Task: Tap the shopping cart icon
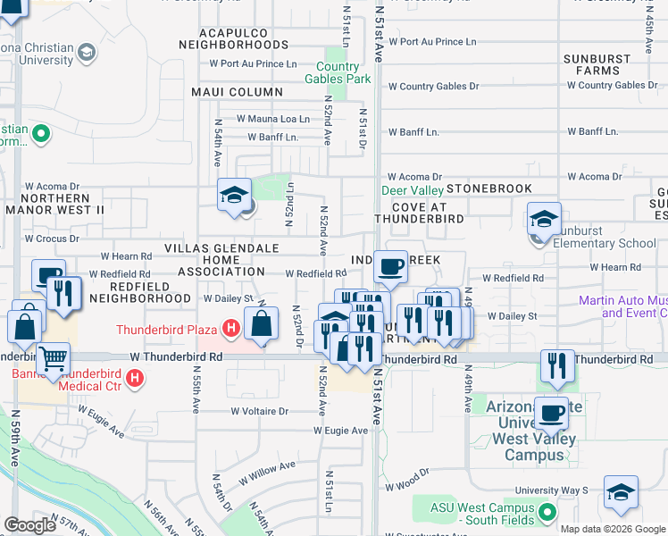[54, 359]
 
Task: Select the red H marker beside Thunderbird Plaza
[230, 328]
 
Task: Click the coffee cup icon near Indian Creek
[390, 265]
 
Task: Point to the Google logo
[29, 525]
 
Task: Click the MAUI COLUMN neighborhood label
[237, 92]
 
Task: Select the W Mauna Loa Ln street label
[272, 118]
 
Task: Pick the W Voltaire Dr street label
[260, 412]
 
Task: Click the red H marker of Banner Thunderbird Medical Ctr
[134, 379]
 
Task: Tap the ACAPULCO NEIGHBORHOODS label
[234, 38]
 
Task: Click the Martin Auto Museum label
[622, 306]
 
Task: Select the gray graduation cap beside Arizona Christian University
[87, 53]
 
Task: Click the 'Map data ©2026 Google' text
[613, 529]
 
